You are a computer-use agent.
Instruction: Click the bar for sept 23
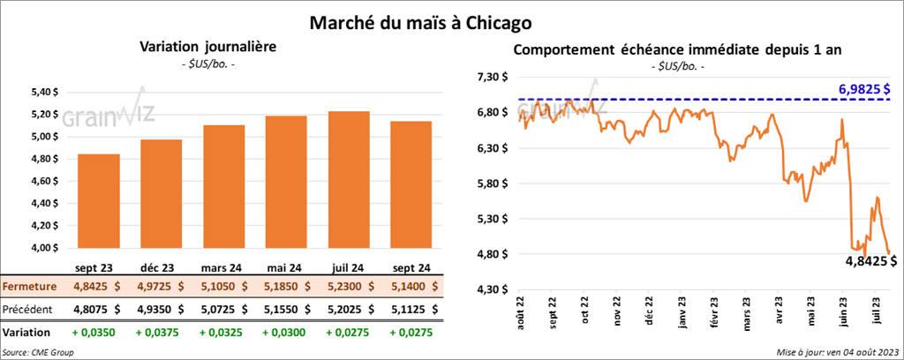pyautogui.click(x=99, y=201)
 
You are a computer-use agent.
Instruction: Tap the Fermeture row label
pyautogui.click(x=30, y=287)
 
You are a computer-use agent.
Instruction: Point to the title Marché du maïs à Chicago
pyautogui.click(x=419, y=19)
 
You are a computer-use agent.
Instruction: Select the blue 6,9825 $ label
pyautogui.click(x=863, y=89)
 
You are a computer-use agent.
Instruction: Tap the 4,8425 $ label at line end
pyautogui.click(x=868, y=261)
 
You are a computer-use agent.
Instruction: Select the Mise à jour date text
pyautogui.click(x=839, y=351)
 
